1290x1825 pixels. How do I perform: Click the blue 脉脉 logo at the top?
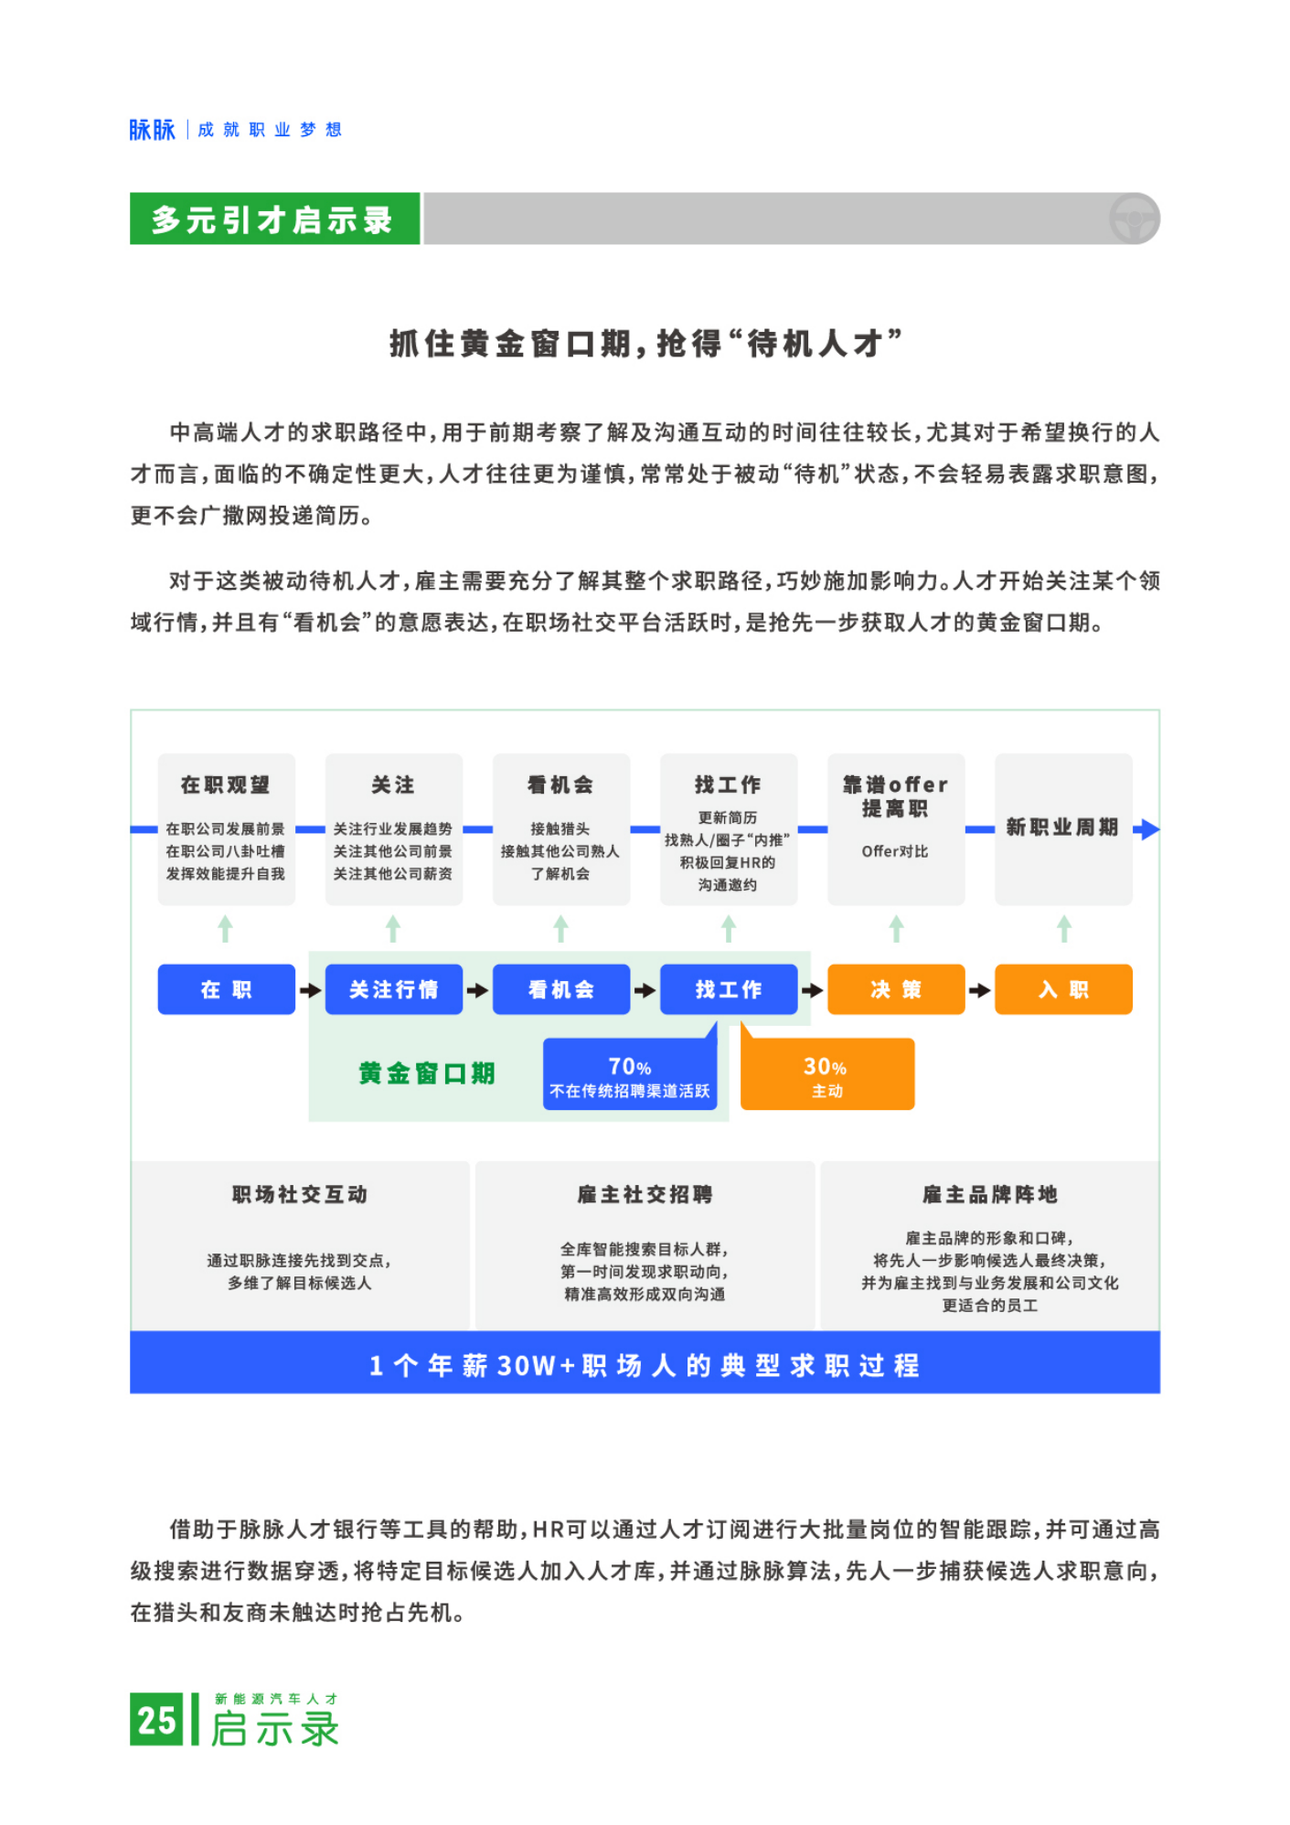tap(152, 130)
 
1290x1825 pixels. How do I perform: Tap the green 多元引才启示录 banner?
tap(274, 219)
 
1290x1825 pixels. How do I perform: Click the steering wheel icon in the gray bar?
tap(1134, 219)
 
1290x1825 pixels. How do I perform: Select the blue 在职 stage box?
tap(226, 989)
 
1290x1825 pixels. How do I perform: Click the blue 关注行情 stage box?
tap(394, 989)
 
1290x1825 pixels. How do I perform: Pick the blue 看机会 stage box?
tap(561, 989)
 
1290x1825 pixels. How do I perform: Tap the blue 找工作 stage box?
tap(729, 989)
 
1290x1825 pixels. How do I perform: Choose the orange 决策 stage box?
tap(896, 989)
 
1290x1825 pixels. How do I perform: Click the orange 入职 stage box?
tap(1063, 989)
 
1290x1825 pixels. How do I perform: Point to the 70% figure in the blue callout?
tap(630, 1067)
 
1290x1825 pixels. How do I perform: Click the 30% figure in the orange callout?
tap(825, 1067)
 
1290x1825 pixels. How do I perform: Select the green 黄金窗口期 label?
tap(427, 1073)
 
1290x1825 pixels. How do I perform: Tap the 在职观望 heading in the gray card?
tap(226, 784)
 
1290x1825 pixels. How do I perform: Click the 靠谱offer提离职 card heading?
tap(896, 796)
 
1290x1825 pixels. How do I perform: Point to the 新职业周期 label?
tap(1062, 827)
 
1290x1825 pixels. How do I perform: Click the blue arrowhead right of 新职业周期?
tap(1148, 829)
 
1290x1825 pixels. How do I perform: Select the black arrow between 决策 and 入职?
tap(980, 990)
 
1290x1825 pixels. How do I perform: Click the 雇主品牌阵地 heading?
tap(990, 1194)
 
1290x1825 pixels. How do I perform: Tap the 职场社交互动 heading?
tap(300, 1194)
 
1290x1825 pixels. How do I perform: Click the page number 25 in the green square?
tap(156, 1720)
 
